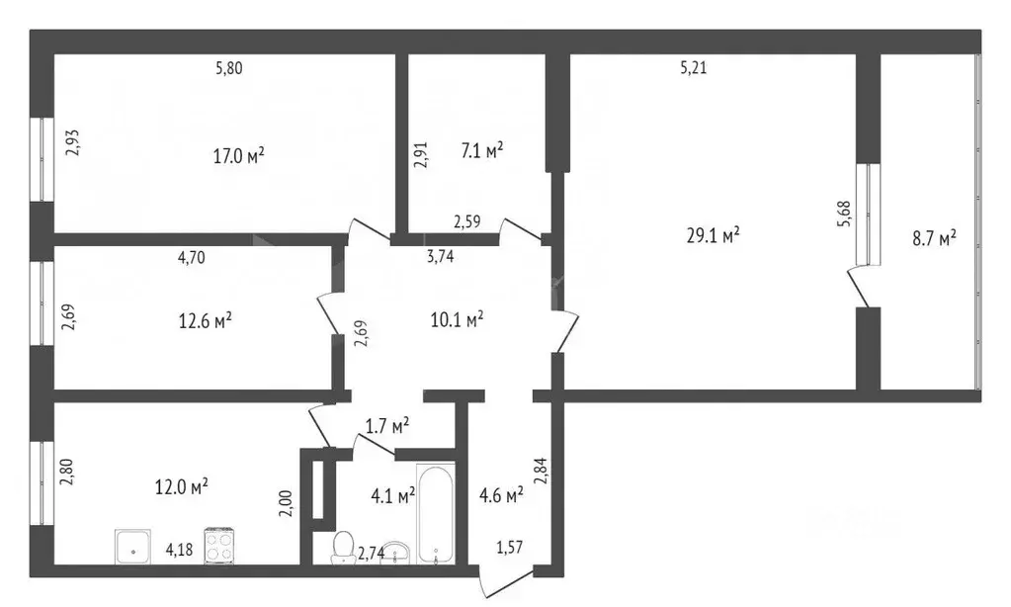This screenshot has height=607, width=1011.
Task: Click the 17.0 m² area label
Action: [238, 155]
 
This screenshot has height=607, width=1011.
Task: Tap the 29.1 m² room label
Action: [713, 235]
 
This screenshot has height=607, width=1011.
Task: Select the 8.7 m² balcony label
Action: [934, 238]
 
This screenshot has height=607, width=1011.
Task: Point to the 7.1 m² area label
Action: [481, 151]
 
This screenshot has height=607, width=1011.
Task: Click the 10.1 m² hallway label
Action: [458, 319]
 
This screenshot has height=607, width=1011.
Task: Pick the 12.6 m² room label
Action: [205, 320]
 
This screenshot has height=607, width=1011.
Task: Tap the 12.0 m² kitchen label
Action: [181, 486]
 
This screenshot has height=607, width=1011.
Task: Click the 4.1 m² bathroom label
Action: [392, 496]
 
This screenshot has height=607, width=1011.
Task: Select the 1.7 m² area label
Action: [387, 426]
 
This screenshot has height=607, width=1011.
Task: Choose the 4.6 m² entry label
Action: [501, 495]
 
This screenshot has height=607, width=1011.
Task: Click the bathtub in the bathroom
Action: [436, 513]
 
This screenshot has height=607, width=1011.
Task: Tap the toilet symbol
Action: [343, 549]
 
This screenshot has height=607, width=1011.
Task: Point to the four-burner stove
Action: [219, 547]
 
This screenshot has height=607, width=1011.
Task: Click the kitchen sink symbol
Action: [132, 547]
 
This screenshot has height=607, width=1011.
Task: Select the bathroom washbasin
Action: [395, 553]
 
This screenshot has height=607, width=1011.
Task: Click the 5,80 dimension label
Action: [229, 68]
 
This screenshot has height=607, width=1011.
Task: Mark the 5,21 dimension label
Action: [693, 68]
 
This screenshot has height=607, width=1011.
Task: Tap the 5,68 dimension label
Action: [844, 214]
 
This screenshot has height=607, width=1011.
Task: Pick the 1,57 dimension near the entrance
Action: [509, 548]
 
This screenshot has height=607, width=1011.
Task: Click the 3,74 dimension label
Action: [441, 257]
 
